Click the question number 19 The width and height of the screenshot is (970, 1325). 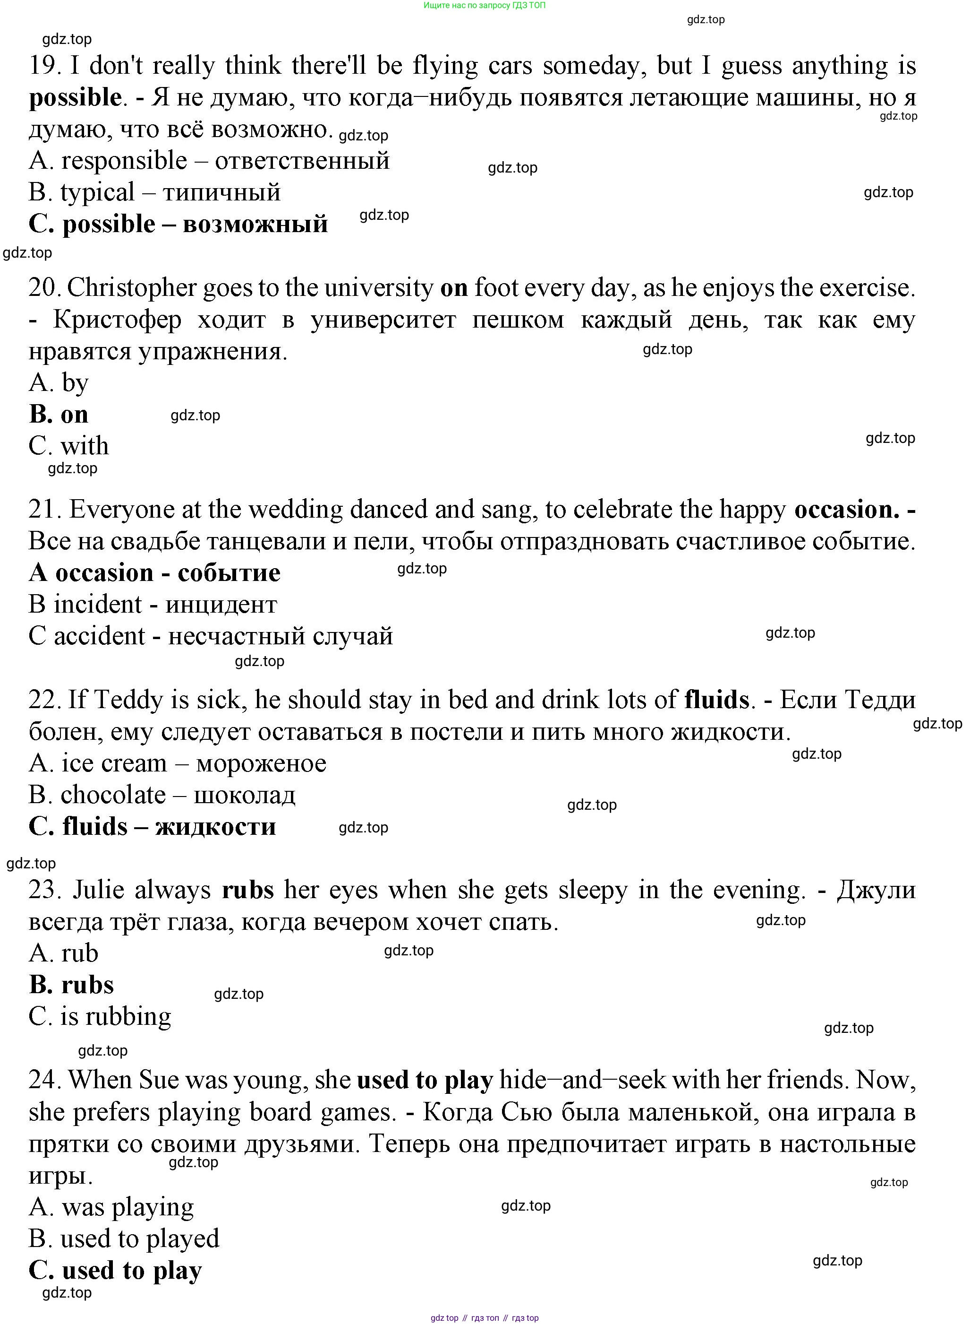pyautogui.click(x=44, y=66)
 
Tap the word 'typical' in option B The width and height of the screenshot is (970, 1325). pyautogui.click(x=97, y=192)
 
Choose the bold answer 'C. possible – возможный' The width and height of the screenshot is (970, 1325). pyautogui.click(x=178, y=224)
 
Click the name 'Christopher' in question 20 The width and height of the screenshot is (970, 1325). pyautogui.click(x=132, y=288)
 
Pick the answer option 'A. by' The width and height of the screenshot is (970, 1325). pyautogui.click(x=59, y=382)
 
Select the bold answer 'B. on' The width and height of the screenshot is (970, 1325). pyautogui.click(x=59, y=414)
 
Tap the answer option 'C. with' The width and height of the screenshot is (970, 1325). pyautogui.click(x=68, y=446)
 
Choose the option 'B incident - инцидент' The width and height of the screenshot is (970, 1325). pyautogui.click(x=153, y=605)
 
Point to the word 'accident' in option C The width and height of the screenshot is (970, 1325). pyautogui.click(x=99, y=636)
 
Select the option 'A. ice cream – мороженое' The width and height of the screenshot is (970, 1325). pyautogui.click(x=177, y=763)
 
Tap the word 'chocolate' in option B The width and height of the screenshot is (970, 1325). pyautogui.click(x=113, y=795)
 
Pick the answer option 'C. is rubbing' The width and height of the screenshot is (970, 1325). pyautogui.click(x=100, y=1016)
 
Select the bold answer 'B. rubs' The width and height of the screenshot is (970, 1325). pyautogui.click(x=71, y=985)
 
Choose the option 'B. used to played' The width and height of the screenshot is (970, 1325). pyautogui.click(x=124, y=1238)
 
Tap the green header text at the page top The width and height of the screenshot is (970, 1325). pyautogui.click(x=485, y=5)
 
